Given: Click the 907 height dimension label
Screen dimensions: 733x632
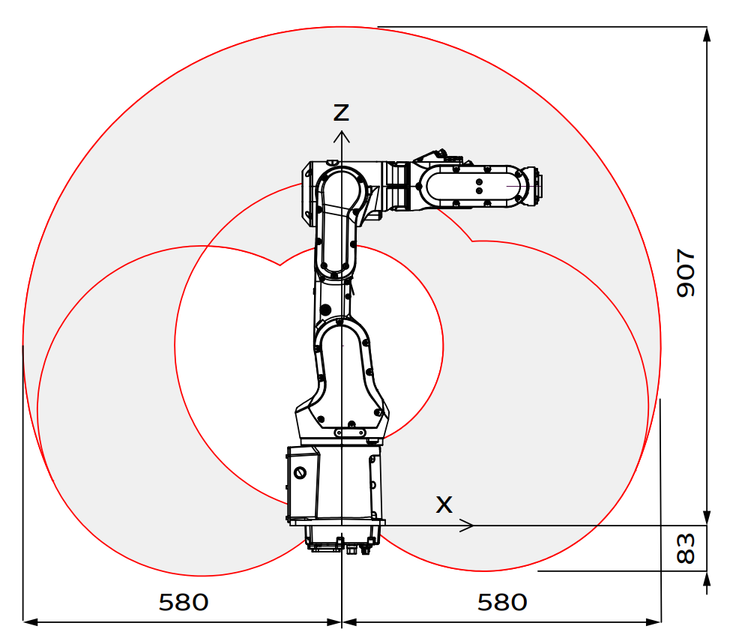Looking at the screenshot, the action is point(686,273).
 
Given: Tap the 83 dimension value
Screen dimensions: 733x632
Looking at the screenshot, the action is point(686,548).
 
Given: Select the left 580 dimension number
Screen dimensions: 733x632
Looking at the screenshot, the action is point(183,602).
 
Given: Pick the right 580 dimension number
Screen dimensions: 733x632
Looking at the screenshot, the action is point(502,602).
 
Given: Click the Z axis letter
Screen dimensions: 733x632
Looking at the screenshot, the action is point(341,112).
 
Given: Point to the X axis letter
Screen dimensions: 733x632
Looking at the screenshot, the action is point(444,505).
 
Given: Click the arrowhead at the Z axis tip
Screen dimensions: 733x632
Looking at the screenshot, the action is point(342,136).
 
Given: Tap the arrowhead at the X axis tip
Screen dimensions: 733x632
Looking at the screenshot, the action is point(468,526).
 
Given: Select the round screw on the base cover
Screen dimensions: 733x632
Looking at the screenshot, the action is point(300,472).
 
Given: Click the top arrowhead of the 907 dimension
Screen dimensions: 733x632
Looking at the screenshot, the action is point(707,34).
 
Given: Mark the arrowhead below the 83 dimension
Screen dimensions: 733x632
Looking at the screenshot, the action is point(707,579).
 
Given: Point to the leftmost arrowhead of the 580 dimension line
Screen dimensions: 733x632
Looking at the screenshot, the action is point(31,622).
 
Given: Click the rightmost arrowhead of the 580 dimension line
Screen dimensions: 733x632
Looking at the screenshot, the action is point(654,622).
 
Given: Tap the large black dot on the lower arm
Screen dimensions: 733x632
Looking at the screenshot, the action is point(325,310).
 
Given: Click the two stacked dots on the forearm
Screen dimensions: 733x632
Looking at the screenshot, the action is point(479,186).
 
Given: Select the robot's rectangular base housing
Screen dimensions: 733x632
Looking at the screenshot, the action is point(336,484).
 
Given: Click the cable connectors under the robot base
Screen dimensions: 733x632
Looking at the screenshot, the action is point(342,544).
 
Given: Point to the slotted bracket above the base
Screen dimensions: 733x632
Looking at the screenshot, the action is point(350,433).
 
